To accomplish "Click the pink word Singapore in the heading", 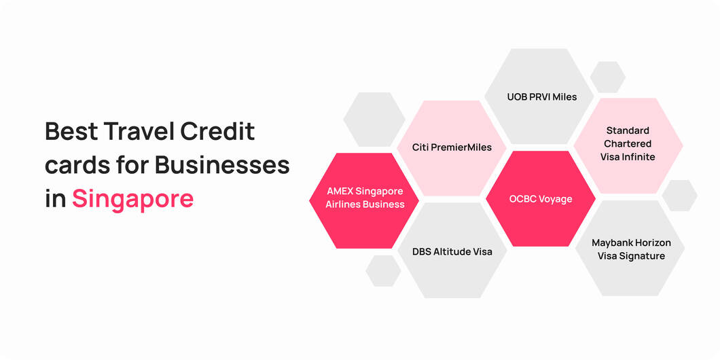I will tap(132, 199).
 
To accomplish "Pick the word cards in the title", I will tap(75, 165).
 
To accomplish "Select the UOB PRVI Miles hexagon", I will tap(541, 96).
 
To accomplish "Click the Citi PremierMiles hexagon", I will tap(452, 147).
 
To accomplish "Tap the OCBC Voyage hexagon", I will tap(541, 199).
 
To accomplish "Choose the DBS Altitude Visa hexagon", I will tap(452, 251).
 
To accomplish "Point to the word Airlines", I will tap(342, 204).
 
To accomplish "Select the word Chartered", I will tap(628, 143).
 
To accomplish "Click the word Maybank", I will tap(613, 242).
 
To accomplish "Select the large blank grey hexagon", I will tap(374, 120).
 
